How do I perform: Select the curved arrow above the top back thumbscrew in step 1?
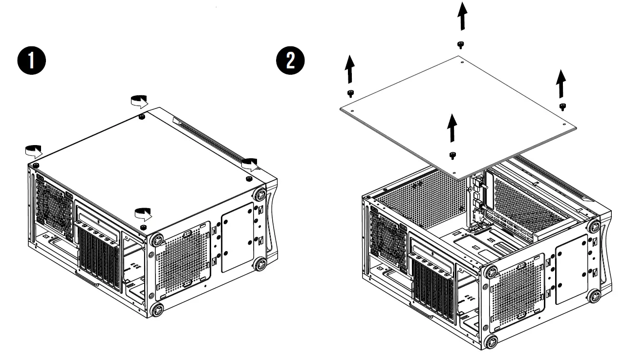(x=139, y=101)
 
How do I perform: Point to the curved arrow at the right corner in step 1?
(x=250, y=164)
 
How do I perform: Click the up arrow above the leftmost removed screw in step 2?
(x=349, y=70)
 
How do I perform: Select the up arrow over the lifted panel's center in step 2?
(x=452, y=127)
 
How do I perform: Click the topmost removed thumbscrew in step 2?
(x=460, y=45)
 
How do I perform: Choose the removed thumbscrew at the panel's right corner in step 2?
(x=562, y=106)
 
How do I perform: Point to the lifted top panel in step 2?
(x=459, y=112)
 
